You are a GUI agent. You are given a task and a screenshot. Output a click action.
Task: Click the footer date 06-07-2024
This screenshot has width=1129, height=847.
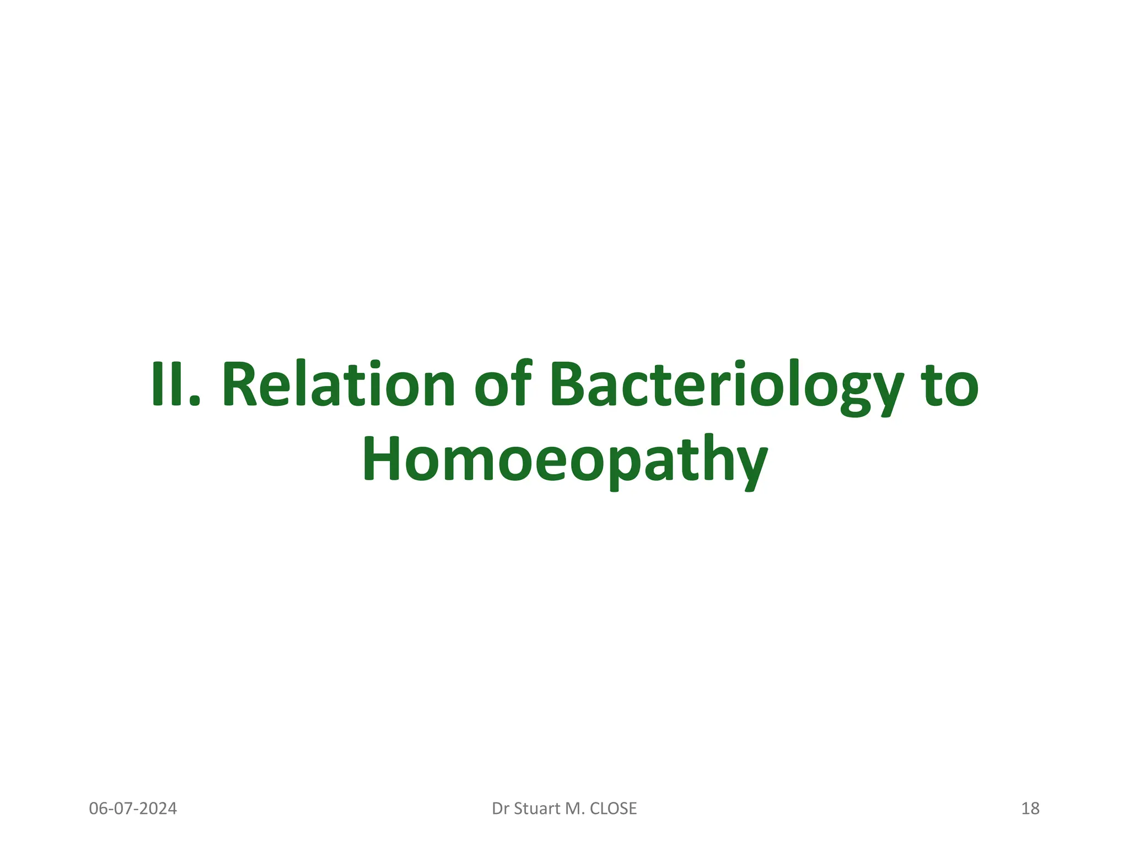pos(133,809)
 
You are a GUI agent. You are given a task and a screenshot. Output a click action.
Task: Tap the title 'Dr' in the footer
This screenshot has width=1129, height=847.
pos(501,809)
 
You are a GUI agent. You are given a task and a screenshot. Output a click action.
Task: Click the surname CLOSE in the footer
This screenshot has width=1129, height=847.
pos(613,809)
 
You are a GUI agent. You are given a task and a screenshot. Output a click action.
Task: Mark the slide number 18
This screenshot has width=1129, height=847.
pos(1030,809)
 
